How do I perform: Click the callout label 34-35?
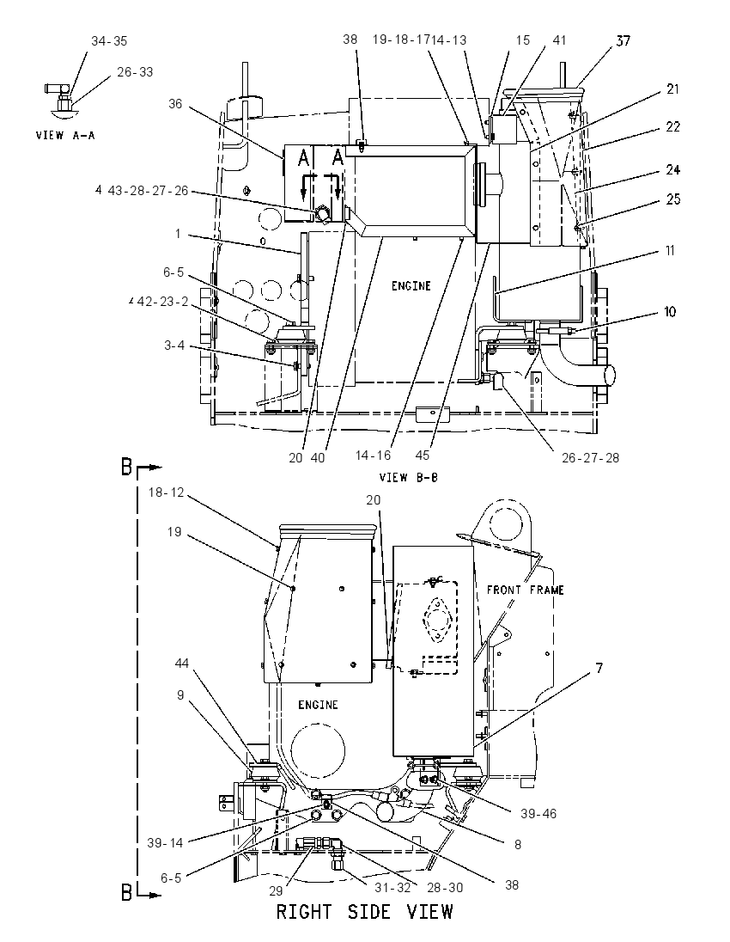109,41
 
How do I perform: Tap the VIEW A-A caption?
65,135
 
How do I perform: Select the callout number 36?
174,104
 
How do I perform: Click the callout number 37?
624,41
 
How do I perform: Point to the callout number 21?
672,89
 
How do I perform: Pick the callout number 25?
673,199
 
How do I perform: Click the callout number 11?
670,251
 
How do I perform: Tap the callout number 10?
669,312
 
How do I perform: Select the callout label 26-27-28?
590,458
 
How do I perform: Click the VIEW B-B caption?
408,478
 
